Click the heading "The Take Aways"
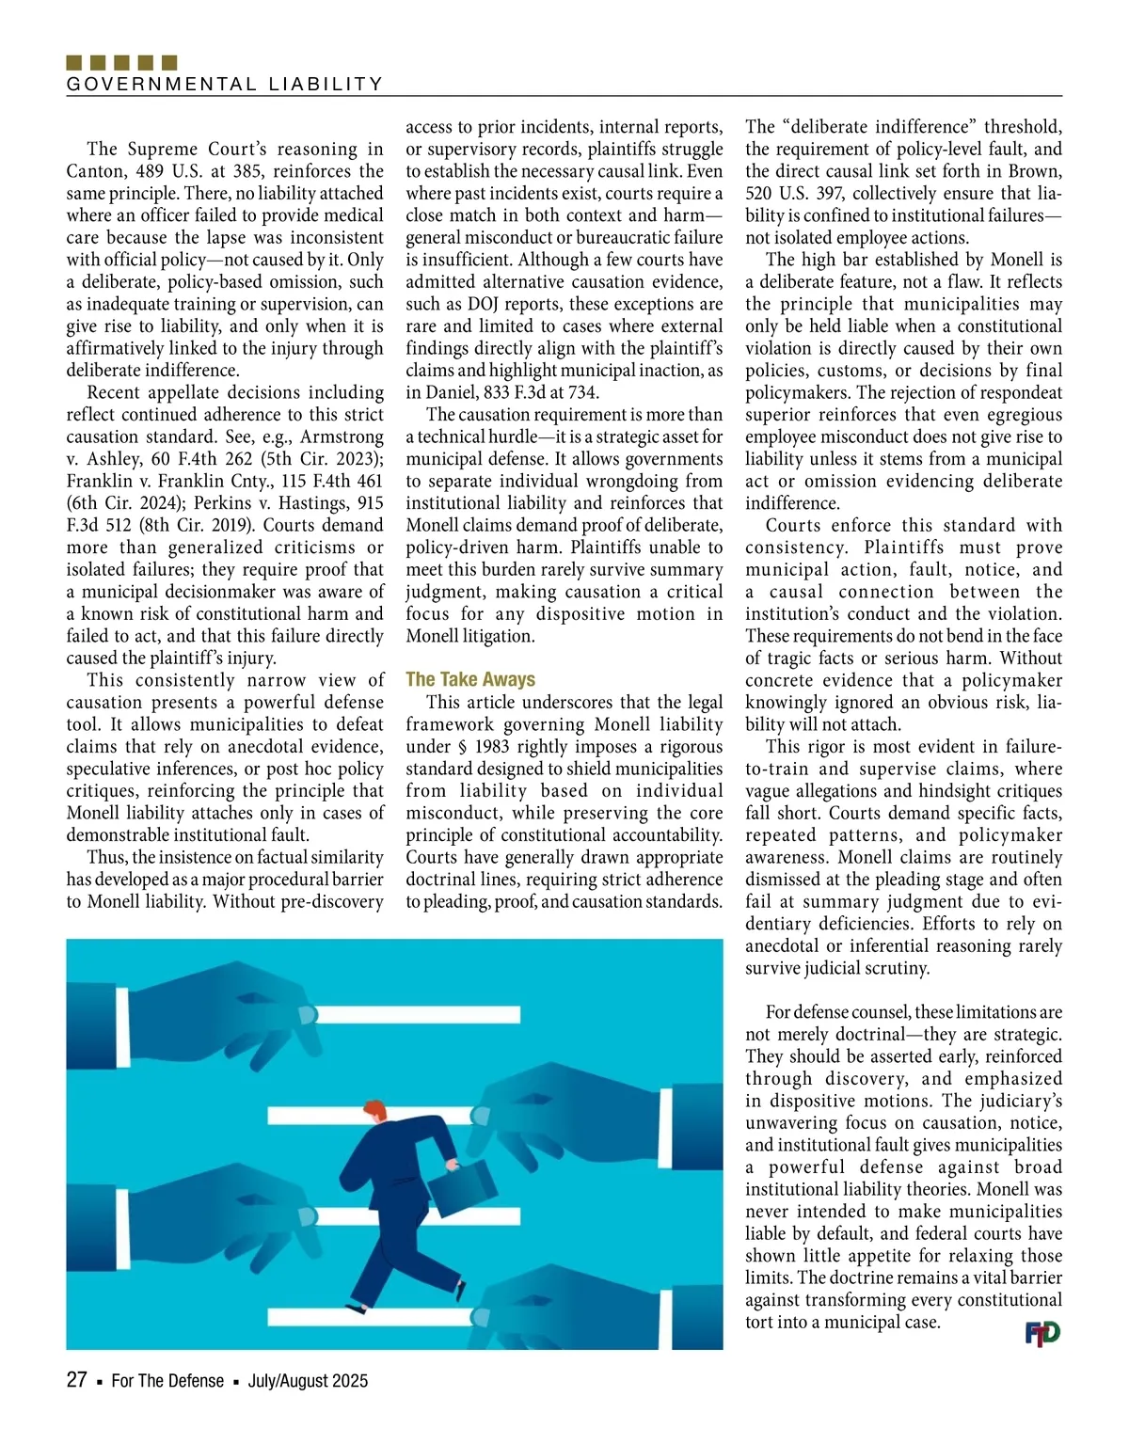coord(470,679)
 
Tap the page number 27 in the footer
coord(77,1380)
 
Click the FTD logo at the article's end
coord(1042,1333)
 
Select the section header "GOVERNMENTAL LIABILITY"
coord(225,84)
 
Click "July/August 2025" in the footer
coord(308,1381)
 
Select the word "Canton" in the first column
coord(94,171)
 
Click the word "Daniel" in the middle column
coord(450,392)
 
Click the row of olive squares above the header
coord(122,63)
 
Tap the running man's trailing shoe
coord(355,1307)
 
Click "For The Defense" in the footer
coord(167,1381)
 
